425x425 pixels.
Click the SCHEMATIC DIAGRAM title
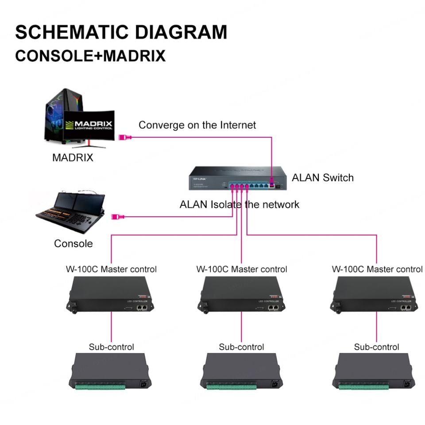[121, 33]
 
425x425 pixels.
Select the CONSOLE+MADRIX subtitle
[90, 56]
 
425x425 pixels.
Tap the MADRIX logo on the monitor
[89, 125]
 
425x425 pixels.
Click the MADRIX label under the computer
[73, 158]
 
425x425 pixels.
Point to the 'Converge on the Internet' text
[197, 125]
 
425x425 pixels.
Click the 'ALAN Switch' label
[323, 178]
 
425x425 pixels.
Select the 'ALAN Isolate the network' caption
[239, 205]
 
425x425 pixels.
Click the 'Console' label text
[73, 243]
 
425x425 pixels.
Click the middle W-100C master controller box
[241, 294]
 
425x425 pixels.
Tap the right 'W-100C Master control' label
[377, 269]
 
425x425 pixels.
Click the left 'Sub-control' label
[111, 347]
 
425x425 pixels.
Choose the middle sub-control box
[241, 371]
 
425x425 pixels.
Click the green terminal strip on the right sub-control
[363, 387]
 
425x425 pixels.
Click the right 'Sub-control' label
[376, 347]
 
